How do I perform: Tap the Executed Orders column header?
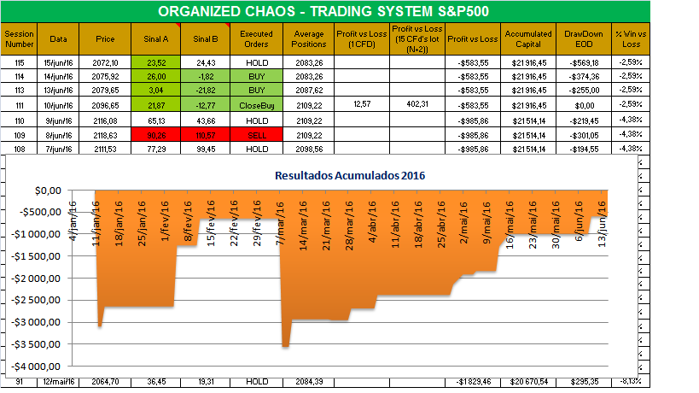(x=255, y=38)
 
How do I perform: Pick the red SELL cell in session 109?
(x=255, y=135)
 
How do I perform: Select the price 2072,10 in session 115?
(x=107, y=62)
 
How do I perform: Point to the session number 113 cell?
(x=20, y=90)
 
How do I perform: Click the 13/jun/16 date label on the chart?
(x=604, y=224)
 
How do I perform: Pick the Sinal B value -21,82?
(x=206, y=90)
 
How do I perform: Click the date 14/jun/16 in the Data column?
(x=58, y=76)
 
